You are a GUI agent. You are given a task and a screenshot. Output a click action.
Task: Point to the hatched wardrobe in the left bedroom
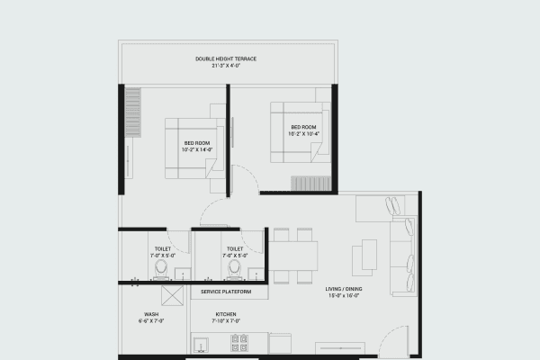134,112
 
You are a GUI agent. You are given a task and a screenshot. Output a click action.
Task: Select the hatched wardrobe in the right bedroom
311,184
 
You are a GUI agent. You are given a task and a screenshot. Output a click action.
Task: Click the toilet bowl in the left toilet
161,268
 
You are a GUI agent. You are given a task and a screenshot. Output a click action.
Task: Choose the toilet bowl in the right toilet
234,268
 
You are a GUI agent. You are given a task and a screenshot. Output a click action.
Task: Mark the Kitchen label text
225,314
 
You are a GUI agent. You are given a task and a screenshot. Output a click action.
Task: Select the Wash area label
151,314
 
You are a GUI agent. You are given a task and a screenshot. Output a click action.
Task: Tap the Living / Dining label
344,290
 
